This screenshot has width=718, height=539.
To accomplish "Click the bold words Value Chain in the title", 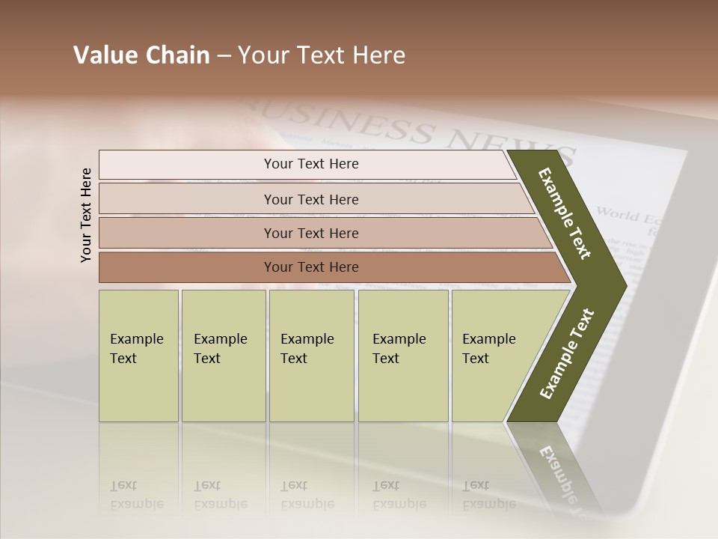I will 141,55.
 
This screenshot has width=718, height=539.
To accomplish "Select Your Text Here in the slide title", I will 322,55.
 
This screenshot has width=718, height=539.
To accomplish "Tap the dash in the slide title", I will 224,56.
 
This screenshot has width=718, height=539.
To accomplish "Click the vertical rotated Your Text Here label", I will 86,216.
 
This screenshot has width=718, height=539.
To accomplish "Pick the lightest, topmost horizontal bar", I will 310,164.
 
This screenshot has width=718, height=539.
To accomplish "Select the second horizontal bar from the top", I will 310,199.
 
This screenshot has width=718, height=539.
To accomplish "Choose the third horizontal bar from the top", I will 310,233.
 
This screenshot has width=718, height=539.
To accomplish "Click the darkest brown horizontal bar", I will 310,267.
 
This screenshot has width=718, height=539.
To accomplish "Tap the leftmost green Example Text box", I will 138,356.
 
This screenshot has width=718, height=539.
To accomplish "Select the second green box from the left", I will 223,356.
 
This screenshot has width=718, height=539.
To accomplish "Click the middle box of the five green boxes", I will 311,356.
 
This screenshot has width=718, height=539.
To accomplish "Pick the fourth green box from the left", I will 402,356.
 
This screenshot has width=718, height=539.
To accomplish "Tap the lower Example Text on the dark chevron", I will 567,353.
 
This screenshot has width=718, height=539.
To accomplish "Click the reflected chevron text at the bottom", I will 557,472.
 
